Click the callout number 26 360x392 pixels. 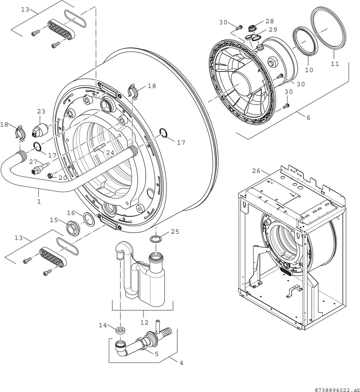(256, 171)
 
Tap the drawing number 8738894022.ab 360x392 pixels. (336, 389)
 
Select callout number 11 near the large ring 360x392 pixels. (335, 64)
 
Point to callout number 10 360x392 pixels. (309, 70)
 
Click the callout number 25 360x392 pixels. (175, 232)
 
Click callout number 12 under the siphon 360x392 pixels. (144, 322)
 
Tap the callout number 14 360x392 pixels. (103, 325)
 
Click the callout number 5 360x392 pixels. (157, 354)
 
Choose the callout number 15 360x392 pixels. (54, 220)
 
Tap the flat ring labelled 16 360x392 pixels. (88, 219)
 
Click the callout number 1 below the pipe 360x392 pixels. (39, 201)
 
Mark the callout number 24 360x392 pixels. (110, 153)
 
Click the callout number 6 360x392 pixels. (308, 118)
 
